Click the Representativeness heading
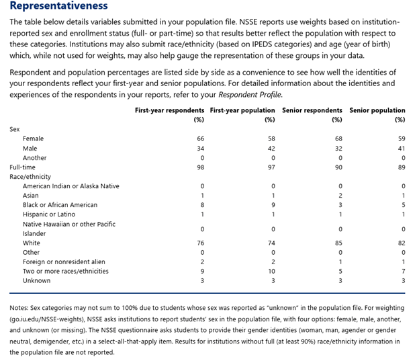pyautogui.click(x=58, y=7)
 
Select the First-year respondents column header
pyautogui.click(x=170, y=110)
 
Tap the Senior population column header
pyautogui.click(x=377, y=110)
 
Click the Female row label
pyautogui.click(x=33, y=138)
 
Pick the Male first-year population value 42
pyautogui.click(x=272, y=148)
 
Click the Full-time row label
pyautogui.click(x=23, y=167)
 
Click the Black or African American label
pyautogui.click(x=60, y=204)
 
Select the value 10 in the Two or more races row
pyautogui.click(x=272, y=271)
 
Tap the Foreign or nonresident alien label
pyautogui.click(x=64, y=262)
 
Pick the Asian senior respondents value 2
pyautogui.click(x=340, y=195)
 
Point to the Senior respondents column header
pyautogui.click(x=312, y=110)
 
